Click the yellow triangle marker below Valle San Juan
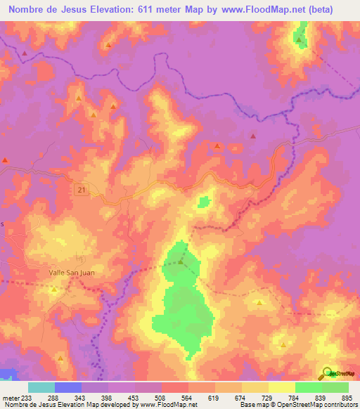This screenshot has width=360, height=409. tap(54, 289)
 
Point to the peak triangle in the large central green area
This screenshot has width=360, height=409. tap(181, 263)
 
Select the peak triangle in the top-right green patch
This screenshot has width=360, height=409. tap(300, 40)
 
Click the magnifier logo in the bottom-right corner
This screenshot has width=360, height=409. tap(327, 374)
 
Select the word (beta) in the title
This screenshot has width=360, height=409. tap(334, 9)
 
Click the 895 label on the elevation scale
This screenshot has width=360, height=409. tap(347, 397)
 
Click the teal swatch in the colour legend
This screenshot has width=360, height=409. tap(41, 387)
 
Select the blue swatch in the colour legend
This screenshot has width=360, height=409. tap(68, 387)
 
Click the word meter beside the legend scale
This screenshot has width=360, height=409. tap(11, 397)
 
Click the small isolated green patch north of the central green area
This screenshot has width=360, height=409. tap(204, 202)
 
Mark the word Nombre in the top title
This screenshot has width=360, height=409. tap(29, 9)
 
